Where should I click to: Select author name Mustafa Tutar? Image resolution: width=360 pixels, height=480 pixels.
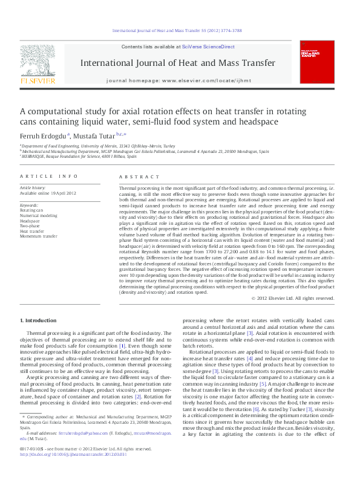97,136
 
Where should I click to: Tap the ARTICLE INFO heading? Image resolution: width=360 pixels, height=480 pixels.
49,176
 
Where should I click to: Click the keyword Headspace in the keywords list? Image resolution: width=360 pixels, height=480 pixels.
30,221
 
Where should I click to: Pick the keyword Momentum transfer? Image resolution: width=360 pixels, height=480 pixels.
39,236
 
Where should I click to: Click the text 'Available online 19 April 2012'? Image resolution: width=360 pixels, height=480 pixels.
48,193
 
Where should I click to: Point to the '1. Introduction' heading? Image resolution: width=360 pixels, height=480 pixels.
39,320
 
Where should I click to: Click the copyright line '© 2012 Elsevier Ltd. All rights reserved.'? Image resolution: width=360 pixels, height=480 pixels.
293,298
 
